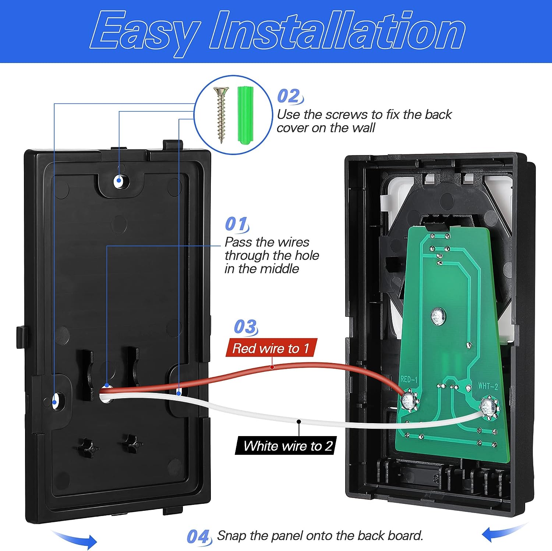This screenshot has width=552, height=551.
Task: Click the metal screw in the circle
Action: (221, 114)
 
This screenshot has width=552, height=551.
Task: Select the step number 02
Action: (289, 96)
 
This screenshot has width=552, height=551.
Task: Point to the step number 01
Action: (236, 224)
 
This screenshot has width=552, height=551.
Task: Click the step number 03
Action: (245, 327)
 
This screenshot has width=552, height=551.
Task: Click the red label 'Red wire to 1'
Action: (271, 348)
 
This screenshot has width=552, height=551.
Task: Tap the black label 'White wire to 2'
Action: (287, 446)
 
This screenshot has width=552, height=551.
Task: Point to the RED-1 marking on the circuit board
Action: (409, 379)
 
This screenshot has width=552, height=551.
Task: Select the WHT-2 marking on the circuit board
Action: (488, 386)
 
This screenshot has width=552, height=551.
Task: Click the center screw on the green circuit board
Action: (438, 315)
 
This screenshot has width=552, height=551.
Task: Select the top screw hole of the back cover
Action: (119, 181)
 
